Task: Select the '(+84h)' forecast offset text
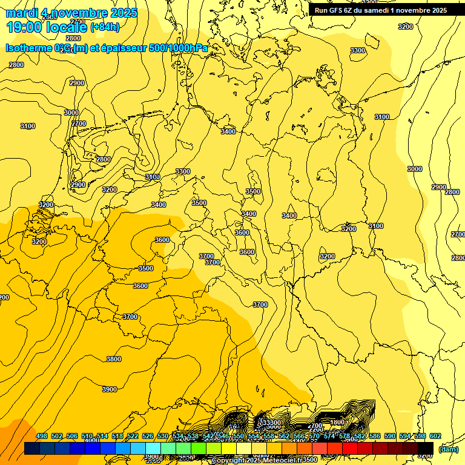pos(105,27)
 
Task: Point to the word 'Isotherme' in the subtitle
pos(28,48)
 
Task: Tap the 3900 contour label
pos(110,389)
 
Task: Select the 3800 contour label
pos(114,359)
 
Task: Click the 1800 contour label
pos(337,422)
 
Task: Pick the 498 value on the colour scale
pos(42,436)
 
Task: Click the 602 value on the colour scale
pos(435,436)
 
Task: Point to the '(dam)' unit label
pos(448,449)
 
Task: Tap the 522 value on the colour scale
pos(133,436)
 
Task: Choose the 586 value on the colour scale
pos(375,436)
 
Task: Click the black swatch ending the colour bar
pos(425,448)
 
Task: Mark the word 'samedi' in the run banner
pos(385,10)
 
